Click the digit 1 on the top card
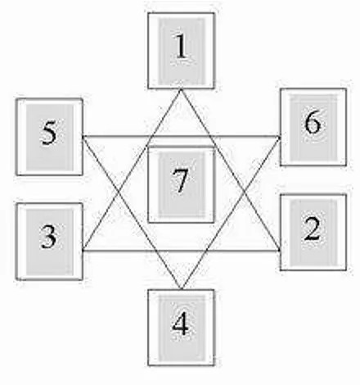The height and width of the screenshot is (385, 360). coord(181,47)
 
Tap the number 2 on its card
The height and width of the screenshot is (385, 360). coord(313,229)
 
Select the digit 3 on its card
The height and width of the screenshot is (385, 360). coord(49,237)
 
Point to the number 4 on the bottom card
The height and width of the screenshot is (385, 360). coord(180,324)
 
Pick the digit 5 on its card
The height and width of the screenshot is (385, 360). coord(49,133)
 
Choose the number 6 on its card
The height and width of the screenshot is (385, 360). coord(313,123)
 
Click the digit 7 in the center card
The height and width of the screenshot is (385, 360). coord(180,180)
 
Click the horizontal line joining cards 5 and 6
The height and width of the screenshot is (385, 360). coord(182,136)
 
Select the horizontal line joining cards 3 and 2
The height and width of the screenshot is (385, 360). coord(182,250)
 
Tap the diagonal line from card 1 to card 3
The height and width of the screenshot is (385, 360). coord(132,170)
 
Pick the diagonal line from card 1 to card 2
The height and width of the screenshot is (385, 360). coord(231,170)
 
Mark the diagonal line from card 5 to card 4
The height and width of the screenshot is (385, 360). coord(132,212)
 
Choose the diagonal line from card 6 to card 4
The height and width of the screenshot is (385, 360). coord(231,212)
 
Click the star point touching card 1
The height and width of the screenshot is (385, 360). coord(181,89)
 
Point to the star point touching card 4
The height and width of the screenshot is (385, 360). coord(181,288)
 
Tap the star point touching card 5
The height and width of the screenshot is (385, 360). coord(83,136)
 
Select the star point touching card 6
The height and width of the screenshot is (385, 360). coord(280,136)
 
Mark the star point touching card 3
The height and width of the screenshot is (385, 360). coord(83,250)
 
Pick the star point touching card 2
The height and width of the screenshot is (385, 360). coord(280,250)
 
